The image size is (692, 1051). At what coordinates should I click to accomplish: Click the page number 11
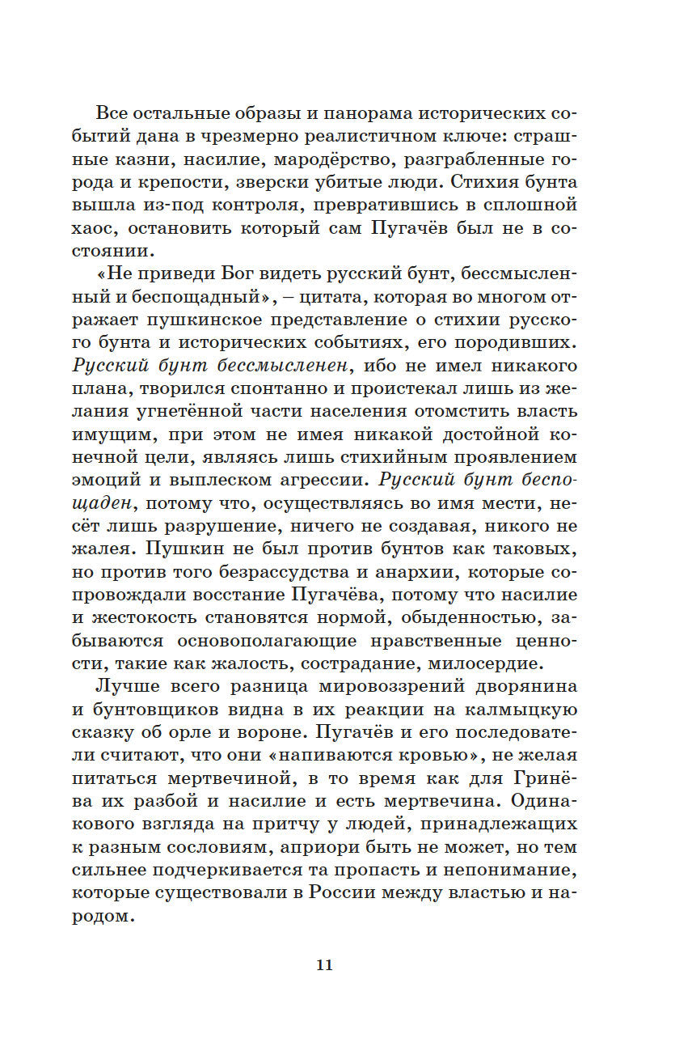[x=324, y=964]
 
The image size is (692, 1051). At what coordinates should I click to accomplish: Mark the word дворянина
[x=521, y=687]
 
